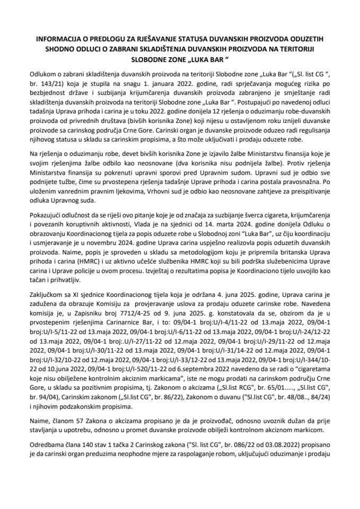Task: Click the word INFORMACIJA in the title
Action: [x=58, y=38]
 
